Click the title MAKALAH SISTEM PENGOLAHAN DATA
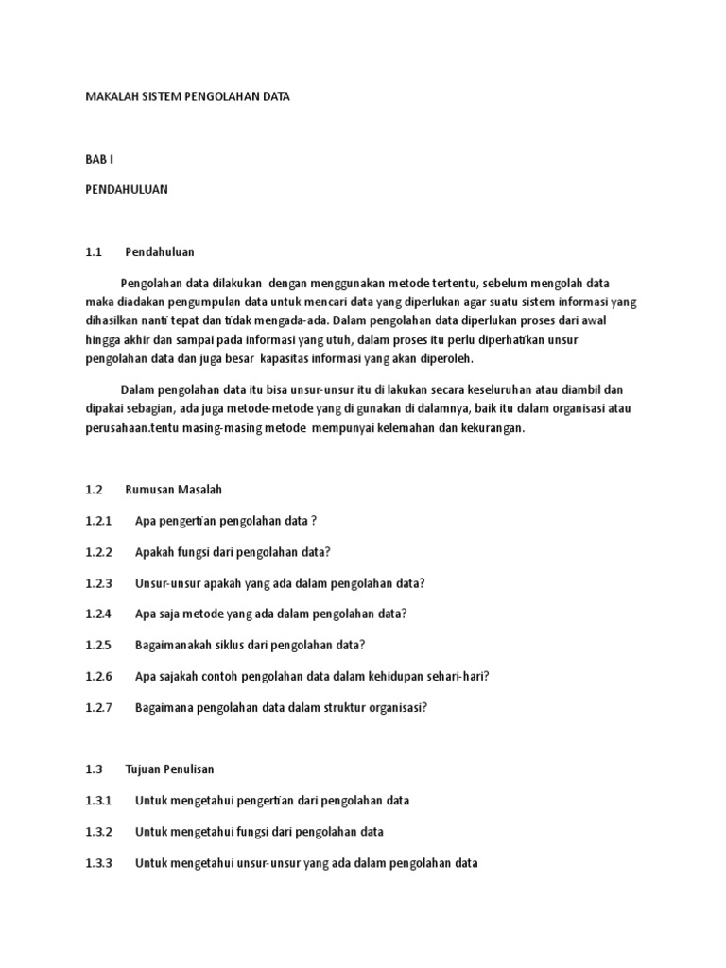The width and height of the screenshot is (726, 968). coord(187,97)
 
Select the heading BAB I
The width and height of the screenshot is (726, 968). coord(99,159)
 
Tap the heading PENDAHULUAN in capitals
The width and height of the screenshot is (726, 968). coord(126,189)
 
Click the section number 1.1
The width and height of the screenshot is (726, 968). coord(93,251)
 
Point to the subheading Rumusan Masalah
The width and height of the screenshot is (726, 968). coord(173,490)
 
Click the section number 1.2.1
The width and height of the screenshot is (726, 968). coord(98,521)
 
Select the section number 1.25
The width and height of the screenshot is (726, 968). coord(98,645)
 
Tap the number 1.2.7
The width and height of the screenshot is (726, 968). coord(98,707)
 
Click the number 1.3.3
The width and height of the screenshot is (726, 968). coord(98,863)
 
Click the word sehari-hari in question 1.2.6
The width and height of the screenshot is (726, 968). coord(453,676)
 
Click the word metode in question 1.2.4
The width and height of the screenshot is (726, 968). coord(205,614)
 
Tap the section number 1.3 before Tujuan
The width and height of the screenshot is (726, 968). coord(93,769)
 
